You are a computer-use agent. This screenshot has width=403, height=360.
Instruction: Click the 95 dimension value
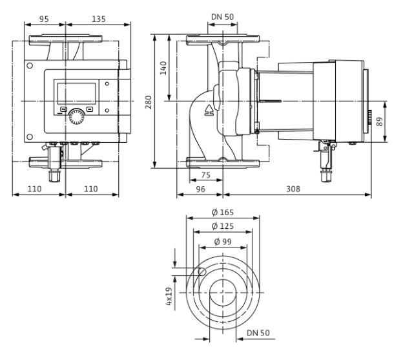tap(44, 19)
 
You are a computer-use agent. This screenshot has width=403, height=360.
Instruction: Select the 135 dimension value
tap(99, 19)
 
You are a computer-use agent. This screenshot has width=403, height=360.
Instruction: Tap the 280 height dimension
tap(149, 102)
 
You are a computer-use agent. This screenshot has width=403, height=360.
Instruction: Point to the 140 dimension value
tap(163, 68)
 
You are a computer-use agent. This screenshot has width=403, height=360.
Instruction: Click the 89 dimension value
tap(379, 122)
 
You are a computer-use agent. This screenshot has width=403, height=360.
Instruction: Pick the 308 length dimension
tap(293, 189)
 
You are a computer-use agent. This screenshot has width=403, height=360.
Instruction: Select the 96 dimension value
tap(201, 189)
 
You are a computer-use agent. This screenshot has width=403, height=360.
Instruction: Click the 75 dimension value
tap(206, 175)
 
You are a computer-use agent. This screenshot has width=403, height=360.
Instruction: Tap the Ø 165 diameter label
tap(223, 213)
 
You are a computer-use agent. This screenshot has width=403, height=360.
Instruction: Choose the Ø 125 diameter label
tap(223, 226)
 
